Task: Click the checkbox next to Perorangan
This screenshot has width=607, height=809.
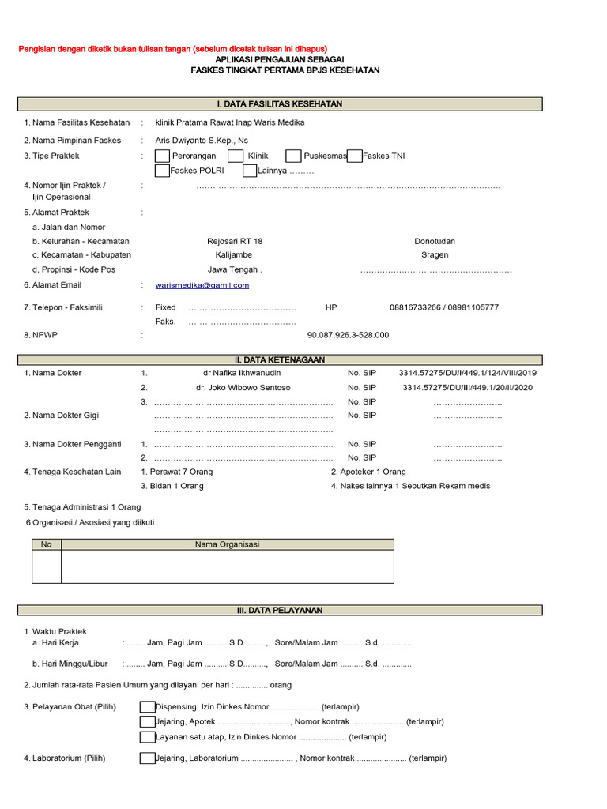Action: click(162, 156)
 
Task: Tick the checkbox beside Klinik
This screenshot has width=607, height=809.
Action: click(235, 156)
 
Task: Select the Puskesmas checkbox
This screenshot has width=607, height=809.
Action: click(293, 156)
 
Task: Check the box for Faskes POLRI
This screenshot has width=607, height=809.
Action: click(162, 170)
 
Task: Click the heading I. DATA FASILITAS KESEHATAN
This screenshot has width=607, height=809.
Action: click(280, 104)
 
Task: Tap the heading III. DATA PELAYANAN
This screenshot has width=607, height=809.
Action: click(280, 611)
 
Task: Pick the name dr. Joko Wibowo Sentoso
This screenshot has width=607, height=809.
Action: click(243, 388)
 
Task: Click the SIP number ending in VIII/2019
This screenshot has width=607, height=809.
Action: click(467, 372)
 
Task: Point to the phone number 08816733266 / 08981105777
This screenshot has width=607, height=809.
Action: click(444, 307)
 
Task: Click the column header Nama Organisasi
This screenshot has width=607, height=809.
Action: click(228, 544)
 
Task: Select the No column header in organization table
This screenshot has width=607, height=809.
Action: click(46, 544)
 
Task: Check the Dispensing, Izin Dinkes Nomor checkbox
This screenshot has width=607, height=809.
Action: click(147, 707)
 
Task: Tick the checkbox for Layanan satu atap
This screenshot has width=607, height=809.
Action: click(147, 737)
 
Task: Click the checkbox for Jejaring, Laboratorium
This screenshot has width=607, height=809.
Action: click(147, 758)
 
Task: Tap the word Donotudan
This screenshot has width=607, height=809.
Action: click(435, 241)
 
